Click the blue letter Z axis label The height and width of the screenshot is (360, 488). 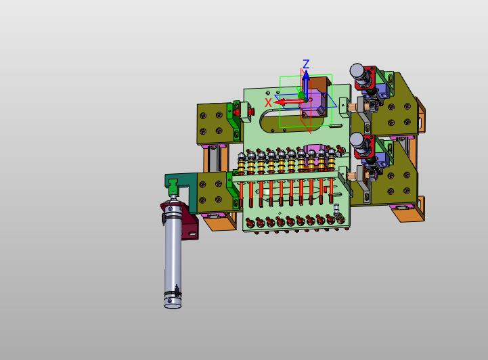click(x=306, y=64)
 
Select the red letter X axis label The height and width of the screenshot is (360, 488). click(x=268, y=102)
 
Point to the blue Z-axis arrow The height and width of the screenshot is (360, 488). click(x=307, y=84)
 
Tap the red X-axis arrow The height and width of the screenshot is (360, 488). click(x=290, y=102)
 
